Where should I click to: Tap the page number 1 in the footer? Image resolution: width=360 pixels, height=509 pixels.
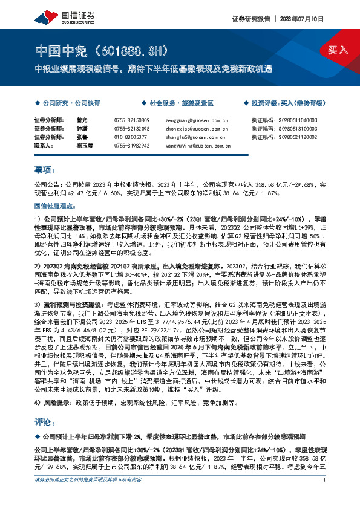pos(325,497)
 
